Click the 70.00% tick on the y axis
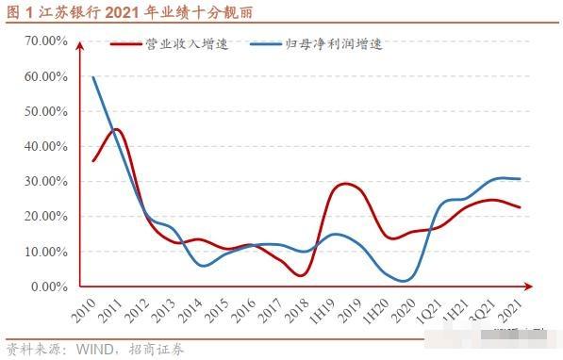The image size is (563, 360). click(44, 41)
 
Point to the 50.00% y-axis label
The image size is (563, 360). click(44, 111)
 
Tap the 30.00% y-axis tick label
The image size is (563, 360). click(44, 181)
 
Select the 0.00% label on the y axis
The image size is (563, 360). click(47, 286)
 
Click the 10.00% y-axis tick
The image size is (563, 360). click(44, 252)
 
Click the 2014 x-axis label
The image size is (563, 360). click(190, 307)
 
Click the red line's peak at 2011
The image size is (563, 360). click(117, 129)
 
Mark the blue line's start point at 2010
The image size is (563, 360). click(92, 77)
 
